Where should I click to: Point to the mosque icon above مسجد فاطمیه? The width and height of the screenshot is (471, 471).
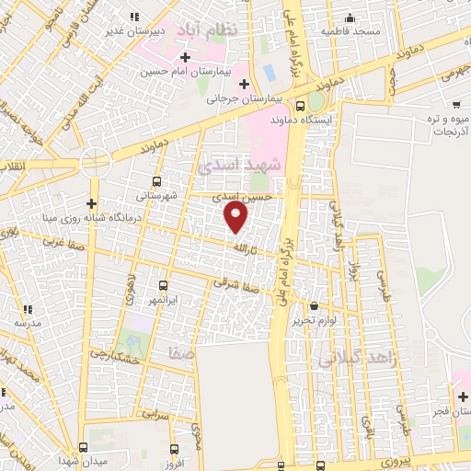coord(349,17)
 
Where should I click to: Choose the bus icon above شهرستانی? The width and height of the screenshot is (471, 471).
coord(156,181)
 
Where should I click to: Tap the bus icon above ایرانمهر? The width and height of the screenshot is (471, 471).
coord(164,286)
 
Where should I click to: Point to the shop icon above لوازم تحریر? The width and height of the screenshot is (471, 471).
coord(315,305)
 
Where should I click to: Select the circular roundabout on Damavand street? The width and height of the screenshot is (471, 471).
coord(95,163)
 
